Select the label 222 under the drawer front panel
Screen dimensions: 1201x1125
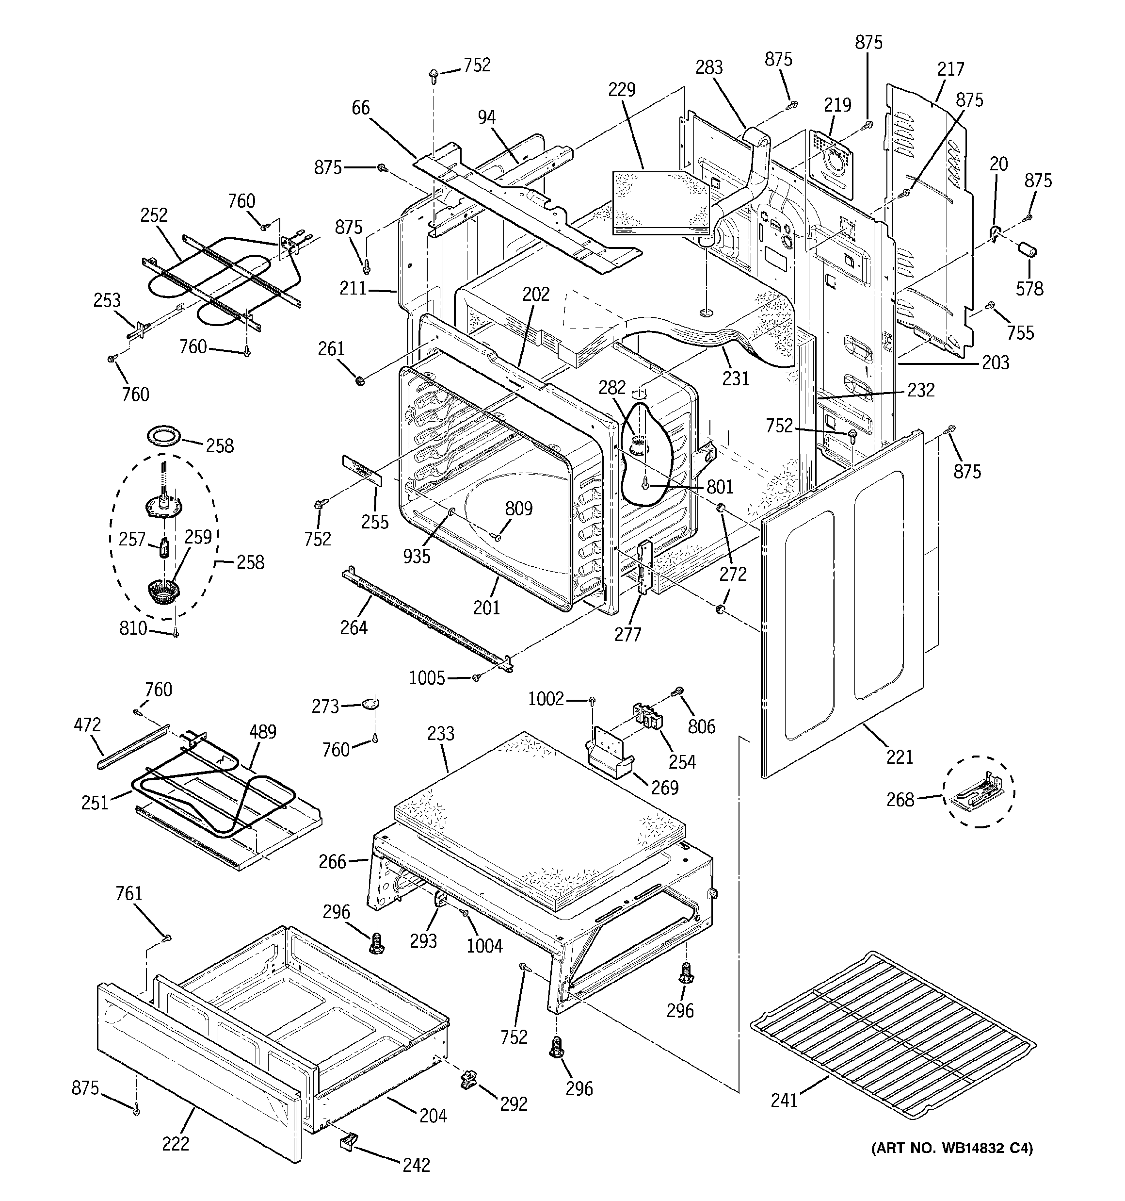[x=175, y=1144]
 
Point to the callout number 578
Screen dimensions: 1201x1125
[x=1029, y=289]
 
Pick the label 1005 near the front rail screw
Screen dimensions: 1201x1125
[x=427, y=678]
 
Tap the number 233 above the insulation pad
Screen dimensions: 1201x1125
[x=440, y=733]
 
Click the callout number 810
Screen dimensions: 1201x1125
[x=133, y=628]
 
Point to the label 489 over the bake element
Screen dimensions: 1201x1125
[x=263, y=732]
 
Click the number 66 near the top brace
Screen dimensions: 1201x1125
[x=360, y=108]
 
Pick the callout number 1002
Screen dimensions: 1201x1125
[x=546, y=699]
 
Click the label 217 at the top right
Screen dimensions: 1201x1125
[x=950, y=69]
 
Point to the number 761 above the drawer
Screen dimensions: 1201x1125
[x=129, y=893]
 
